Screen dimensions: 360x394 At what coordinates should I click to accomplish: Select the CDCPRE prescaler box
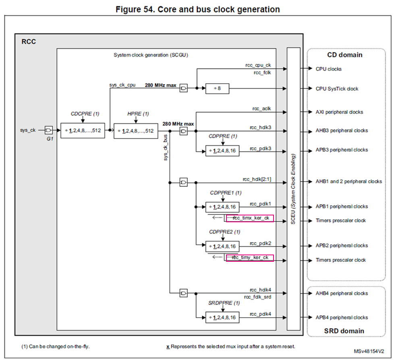click(83, 130)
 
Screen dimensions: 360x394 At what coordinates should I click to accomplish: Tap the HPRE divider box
click(136, 130)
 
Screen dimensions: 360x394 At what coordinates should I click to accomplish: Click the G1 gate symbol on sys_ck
click(49, 130)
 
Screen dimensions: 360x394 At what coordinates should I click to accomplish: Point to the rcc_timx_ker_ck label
click(250, 218)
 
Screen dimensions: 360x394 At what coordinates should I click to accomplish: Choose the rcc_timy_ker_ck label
click(250, 258)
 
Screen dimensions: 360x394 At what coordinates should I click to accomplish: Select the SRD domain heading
click(344, 331)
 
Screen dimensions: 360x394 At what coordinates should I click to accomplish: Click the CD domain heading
click(344, 55)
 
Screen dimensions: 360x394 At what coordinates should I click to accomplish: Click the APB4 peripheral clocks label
click(342, 318)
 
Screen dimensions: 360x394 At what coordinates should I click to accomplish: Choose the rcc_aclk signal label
click(262, 108)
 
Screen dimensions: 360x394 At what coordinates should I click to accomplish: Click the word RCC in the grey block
click(28, 41)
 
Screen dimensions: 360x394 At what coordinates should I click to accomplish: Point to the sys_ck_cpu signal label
click(122, 85)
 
